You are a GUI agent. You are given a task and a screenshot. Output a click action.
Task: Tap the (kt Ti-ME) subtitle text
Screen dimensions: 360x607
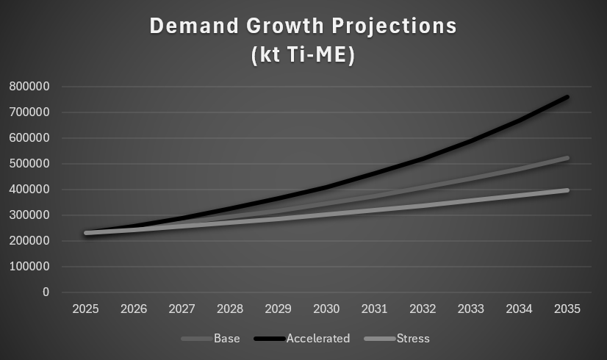click(303, 56)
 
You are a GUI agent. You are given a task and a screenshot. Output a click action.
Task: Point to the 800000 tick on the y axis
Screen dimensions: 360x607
click(30, 87)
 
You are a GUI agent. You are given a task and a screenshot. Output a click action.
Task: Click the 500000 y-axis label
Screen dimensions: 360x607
click(30, 164)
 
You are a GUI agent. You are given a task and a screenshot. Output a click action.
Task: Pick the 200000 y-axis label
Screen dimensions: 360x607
click(30, 241)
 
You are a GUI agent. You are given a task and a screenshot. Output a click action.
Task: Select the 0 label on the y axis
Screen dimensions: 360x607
click(46, 292)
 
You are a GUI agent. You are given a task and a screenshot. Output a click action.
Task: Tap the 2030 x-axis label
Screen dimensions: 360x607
click(327, 309)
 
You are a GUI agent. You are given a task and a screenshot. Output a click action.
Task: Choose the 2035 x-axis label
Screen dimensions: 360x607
click(567, 309)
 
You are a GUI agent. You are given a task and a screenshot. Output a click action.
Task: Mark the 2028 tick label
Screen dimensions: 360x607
click(231, 309)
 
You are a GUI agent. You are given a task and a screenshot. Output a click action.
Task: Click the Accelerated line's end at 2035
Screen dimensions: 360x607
click(567, 97)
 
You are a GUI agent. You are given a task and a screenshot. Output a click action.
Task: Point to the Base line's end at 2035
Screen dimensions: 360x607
click(567, 158)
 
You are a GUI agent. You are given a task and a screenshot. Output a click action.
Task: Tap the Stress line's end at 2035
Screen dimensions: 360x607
click(567, 190)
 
